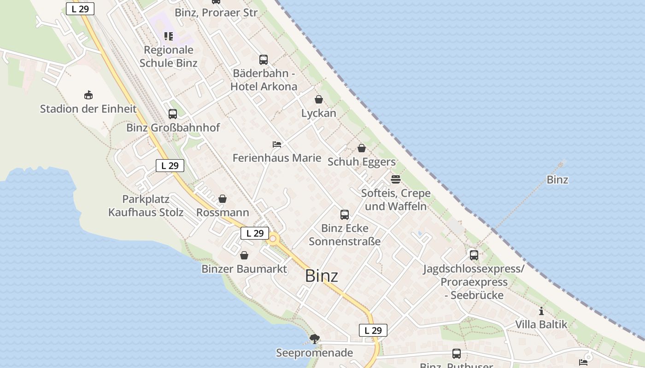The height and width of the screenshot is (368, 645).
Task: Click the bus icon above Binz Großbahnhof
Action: (173, 114)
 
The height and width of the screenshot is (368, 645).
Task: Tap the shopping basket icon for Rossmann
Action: (223, 199)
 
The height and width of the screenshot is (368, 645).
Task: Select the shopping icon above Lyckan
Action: (319, 99)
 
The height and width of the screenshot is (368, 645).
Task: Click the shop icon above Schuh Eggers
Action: (362, 148)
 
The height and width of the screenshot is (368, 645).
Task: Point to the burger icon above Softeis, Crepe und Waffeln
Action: (396, 179)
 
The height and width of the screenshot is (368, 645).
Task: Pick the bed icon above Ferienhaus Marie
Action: (277, 144)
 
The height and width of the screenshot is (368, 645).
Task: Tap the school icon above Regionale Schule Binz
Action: (169, 36)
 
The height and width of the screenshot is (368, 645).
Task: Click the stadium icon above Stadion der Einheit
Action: (88, 95)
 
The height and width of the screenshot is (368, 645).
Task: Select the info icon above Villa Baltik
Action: (541, 311)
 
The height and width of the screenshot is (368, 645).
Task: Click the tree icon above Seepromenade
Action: (315, 339)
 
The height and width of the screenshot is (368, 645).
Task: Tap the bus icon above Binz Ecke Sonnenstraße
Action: (345, 215)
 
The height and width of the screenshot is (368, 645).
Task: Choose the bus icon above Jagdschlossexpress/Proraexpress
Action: (474, 255)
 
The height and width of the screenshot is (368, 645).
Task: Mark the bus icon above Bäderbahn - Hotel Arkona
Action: (264, 60)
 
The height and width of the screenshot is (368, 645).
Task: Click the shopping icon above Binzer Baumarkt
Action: (244, 255)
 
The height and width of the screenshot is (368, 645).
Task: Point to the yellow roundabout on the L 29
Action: (273, 239)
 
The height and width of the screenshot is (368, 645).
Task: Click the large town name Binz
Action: (322, 276)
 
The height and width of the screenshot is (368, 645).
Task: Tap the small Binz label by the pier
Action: (557, 180)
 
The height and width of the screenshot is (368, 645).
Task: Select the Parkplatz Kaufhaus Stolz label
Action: (146, 206)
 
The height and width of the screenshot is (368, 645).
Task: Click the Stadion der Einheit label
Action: (88, 109)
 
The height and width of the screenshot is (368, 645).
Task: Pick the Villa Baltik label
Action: (541, 324)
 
